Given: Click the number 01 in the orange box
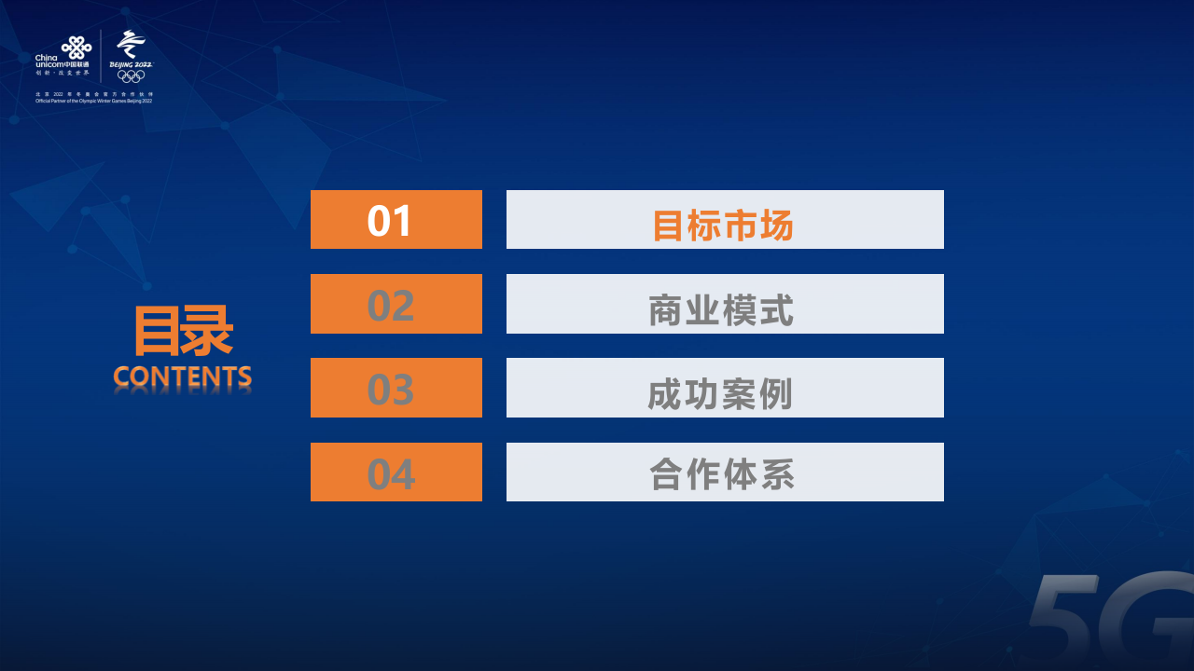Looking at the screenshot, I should [x=390, y=221].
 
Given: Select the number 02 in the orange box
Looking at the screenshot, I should [x=390, y=306].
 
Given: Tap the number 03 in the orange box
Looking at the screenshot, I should [x=390, y=390].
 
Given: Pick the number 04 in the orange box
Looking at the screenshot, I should [x=390, y=473].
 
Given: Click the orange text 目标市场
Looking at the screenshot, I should [x=723, y=226].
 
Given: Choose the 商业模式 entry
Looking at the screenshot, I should [x=722, y=309].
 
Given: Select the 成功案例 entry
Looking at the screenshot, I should [x=721, y=393].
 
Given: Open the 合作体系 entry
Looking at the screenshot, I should [x=722, y=474].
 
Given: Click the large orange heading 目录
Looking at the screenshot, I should [x=183, y=331].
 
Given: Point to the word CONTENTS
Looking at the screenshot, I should [x=183, y=377].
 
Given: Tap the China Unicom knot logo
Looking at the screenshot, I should [x=76, y=46].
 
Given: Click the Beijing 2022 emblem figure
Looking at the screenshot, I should [x=132, y=44].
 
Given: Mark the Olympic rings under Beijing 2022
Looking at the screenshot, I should [x=131, y=76].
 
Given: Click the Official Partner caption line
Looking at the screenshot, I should [x=93, y=101].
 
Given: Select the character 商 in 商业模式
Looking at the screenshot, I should [x=667, y=309].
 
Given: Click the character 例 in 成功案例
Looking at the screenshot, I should [x=776, y=393].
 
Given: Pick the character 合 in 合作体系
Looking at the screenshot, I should [x=667, y=474].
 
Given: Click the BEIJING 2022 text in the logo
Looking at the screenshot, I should [x=131, y=64].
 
